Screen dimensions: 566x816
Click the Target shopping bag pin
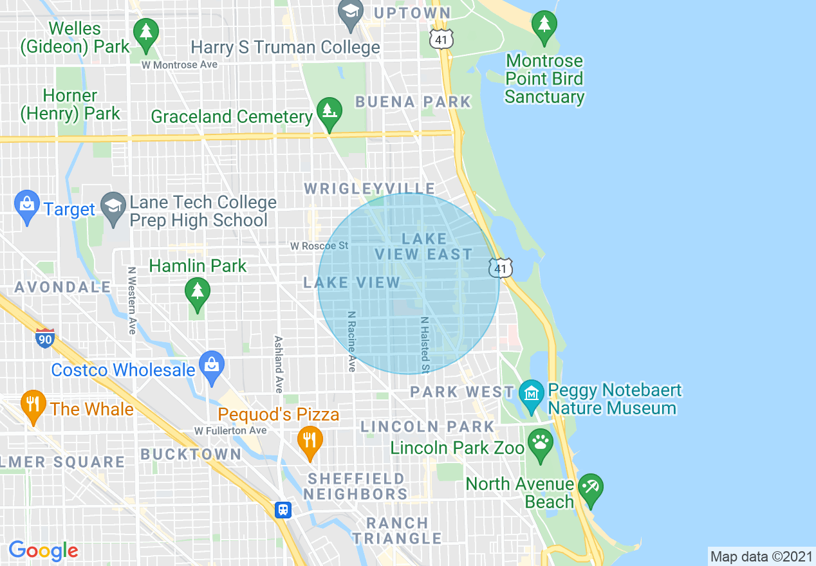[x=26, y=206]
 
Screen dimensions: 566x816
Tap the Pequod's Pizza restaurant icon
[x=310, y=442]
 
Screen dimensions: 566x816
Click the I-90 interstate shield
[x=44, y=338]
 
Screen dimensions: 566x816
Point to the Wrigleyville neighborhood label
[x=369, y=188]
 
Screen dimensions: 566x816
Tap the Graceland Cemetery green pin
[x=329, y=111]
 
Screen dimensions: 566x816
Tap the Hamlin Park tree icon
[x=198, y=293]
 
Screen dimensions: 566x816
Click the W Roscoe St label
[x=319, y=246]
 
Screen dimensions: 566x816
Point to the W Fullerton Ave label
[x=230, y=430]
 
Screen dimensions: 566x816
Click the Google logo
[x=43, y=551]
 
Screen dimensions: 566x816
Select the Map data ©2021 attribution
[x=761, y=556]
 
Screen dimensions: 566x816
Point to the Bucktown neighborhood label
[x=190, y=454]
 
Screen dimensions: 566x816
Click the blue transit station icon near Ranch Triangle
[x=283, y=510]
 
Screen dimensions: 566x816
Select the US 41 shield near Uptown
[x=441, y=39]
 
